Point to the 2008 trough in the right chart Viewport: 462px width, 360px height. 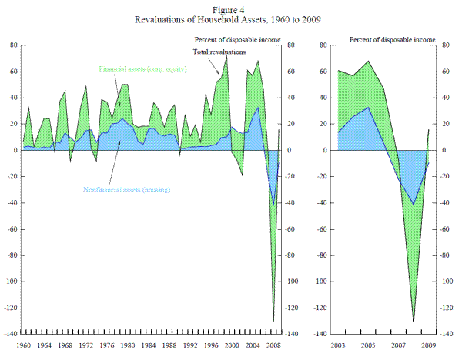pyautogui.click(x=414, y=321)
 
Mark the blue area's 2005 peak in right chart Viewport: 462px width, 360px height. pyautogui.click(x=370, y=108)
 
